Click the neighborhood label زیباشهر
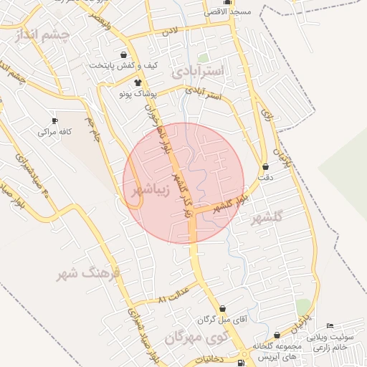(x=151, y=191)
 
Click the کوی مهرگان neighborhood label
(x=194, y=337)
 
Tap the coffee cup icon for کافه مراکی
(x=54, y=120)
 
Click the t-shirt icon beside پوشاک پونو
(x=138, y=82)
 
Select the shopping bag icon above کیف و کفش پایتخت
(x=125, y=54)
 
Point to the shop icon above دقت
(x=265, y=166)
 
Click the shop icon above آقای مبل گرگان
(x=222, y=309)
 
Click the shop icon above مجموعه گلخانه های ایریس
(x=277, y=334)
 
